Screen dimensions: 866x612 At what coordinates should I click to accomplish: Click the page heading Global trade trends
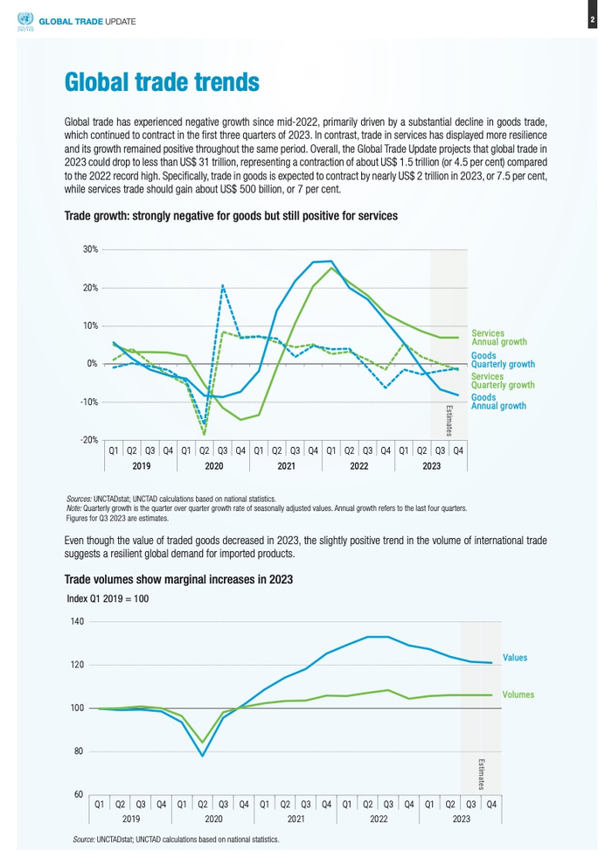point(162,82)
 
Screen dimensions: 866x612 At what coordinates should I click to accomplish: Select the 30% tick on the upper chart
point(90,250)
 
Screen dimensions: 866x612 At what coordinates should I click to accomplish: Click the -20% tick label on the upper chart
point(88,440)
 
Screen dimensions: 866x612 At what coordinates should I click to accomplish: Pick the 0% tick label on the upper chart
point(92,364)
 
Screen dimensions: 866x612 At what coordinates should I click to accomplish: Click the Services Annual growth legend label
point(499,338)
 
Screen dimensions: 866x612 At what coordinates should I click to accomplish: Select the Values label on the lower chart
point(515,657)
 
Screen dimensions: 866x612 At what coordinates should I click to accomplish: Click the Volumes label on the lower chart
point(518,695)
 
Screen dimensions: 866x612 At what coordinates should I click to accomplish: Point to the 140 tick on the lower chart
point(75,622)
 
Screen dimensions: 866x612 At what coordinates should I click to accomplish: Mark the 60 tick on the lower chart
point(77,794)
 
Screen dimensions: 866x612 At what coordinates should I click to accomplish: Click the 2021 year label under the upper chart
point(286,467)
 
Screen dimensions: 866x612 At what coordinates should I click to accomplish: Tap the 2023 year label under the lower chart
point(461,819)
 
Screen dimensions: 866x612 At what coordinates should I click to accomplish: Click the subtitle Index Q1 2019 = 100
point(108,598)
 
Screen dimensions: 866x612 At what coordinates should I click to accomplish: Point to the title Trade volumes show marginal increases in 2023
point(178,580)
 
